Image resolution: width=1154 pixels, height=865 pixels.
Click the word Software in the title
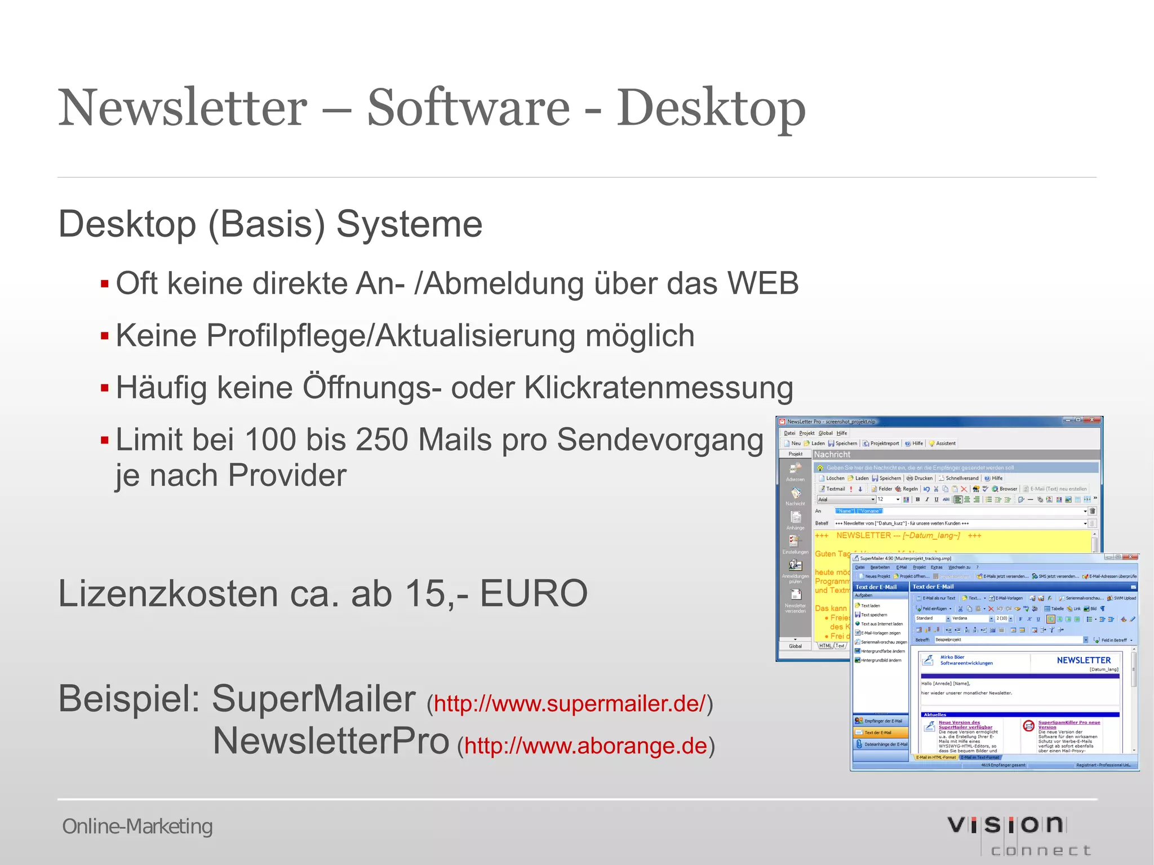click(x=469, y=108)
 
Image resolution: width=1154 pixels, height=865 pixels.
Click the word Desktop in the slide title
click(x=711, y=108)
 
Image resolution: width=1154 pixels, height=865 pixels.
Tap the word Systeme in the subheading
click(x=409, y=224)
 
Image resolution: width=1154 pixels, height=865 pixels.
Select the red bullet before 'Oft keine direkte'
click(x=104, y=283)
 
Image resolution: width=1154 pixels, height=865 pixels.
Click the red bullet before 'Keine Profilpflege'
click(x=104, y=336)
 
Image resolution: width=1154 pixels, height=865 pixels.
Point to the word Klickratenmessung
click(x=659, y=388)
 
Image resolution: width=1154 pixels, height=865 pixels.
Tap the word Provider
click(x=287, y=475)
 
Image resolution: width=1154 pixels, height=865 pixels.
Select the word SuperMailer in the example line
click(x=313, y=699)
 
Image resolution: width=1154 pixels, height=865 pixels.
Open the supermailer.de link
click(x=569, y=704)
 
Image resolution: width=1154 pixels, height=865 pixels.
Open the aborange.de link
click(x=585, y=746)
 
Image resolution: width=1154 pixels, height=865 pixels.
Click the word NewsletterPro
click(x=331, y=740)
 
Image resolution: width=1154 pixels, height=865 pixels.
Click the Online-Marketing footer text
click(x=137, y=827)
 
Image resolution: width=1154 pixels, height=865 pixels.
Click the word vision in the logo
click(x=1005, y=825)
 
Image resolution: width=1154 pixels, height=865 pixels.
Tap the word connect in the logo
click(x=1040, y=850)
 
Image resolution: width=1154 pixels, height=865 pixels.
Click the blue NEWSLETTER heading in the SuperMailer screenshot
click(x=1083, y=660)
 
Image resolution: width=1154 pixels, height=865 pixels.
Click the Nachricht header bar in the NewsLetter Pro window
click(x=956, y=455)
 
